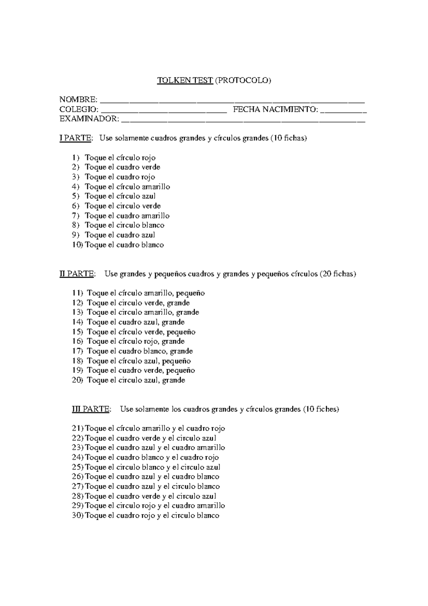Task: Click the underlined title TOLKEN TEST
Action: (185, 80)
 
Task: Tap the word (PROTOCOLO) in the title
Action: (243, 80)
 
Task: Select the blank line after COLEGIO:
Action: (164, 110)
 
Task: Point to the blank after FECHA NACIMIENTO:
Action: (343, 110)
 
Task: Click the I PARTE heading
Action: (75, 138)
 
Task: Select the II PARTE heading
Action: (77, 274)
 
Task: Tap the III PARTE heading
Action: (91, 409)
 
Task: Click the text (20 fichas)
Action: (337, 274)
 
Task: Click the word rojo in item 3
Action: (148, 177)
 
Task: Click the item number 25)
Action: (78, 467)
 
